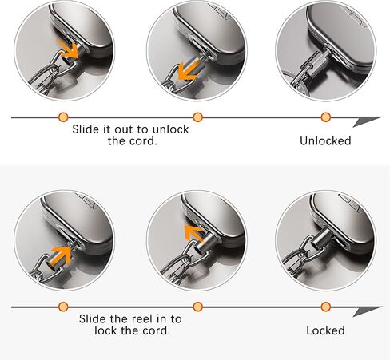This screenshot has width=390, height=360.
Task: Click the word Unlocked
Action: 325,140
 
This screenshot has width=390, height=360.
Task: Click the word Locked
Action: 325,330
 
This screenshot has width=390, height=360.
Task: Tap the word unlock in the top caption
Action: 170,129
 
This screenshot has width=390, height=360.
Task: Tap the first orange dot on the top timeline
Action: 63,117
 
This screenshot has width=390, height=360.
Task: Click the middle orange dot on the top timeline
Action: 197,117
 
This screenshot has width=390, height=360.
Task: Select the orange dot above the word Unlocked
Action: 326,117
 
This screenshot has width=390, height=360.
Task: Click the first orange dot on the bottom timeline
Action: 63,307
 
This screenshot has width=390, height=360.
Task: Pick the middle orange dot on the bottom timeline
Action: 197,307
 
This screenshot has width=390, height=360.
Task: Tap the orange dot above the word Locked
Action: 326,307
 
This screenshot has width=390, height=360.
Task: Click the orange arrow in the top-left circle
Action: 68,49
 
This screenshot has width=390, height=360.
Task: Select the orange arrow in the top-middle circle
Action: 189,70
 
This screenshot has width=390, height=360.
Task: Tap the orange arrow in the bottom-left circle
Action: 60,256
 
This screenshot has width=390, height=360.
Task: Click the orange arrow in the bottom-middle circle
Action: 194,234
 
